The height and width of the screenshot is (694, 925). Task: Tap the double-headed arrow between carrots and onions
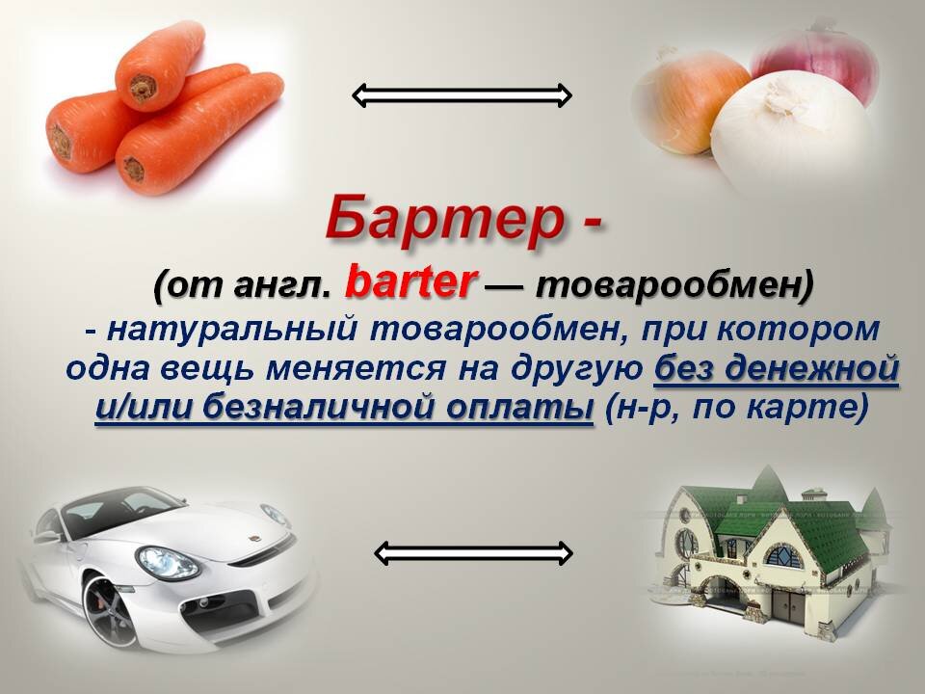click(x=462, y=94)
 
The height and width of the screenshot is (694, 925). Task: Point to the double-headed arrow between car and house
click(x=472, y=552)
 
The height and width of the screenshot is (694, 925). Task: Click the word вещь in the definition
click(x=225, y=369)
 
